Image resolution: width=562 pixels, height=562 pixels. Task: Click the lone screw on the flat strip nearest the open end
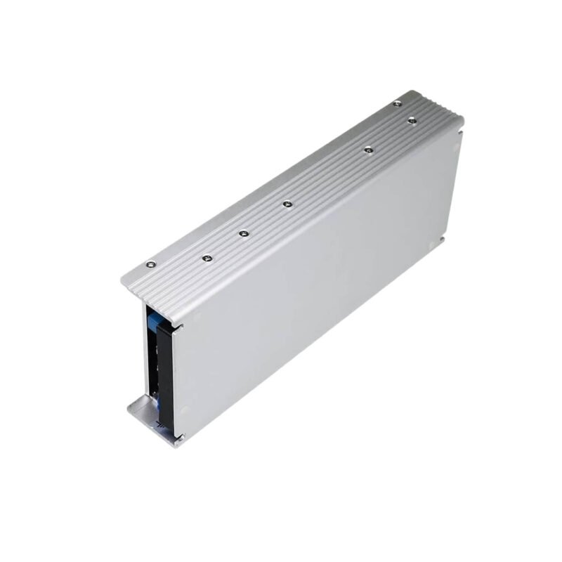[149, 265]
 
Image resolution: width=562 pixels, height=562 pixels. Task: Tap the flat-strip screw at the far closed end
[398, 103]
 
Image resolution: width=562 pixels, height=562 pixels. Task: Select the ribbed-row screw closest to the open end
[206, 258]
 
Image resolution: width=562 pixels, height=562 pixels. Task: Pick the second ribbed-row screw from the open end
[244, 233]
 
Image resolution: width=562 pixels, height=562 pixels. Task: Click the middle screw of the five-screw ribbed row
[287, 204]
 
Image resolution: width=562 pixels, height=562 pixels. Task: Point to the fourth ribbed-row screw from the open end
[367, 148]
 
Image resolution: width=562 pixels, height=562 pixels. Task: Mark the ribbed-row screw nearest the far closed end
[412, 119]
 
